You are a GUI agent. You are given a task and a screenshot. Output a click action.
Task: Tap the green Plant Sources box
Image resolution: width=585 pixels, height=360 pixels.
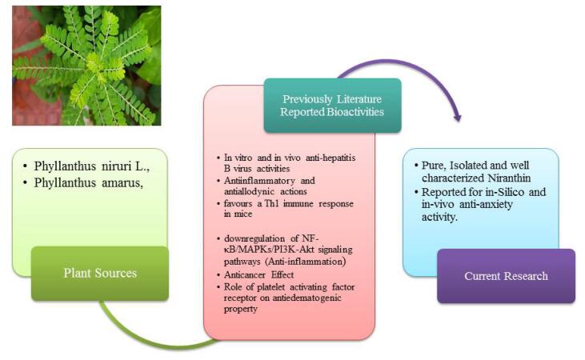point(100,274)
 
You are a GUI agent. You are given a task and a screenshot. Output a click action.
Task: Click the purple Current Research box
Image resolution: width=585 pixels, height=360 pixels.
point(506,276)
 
